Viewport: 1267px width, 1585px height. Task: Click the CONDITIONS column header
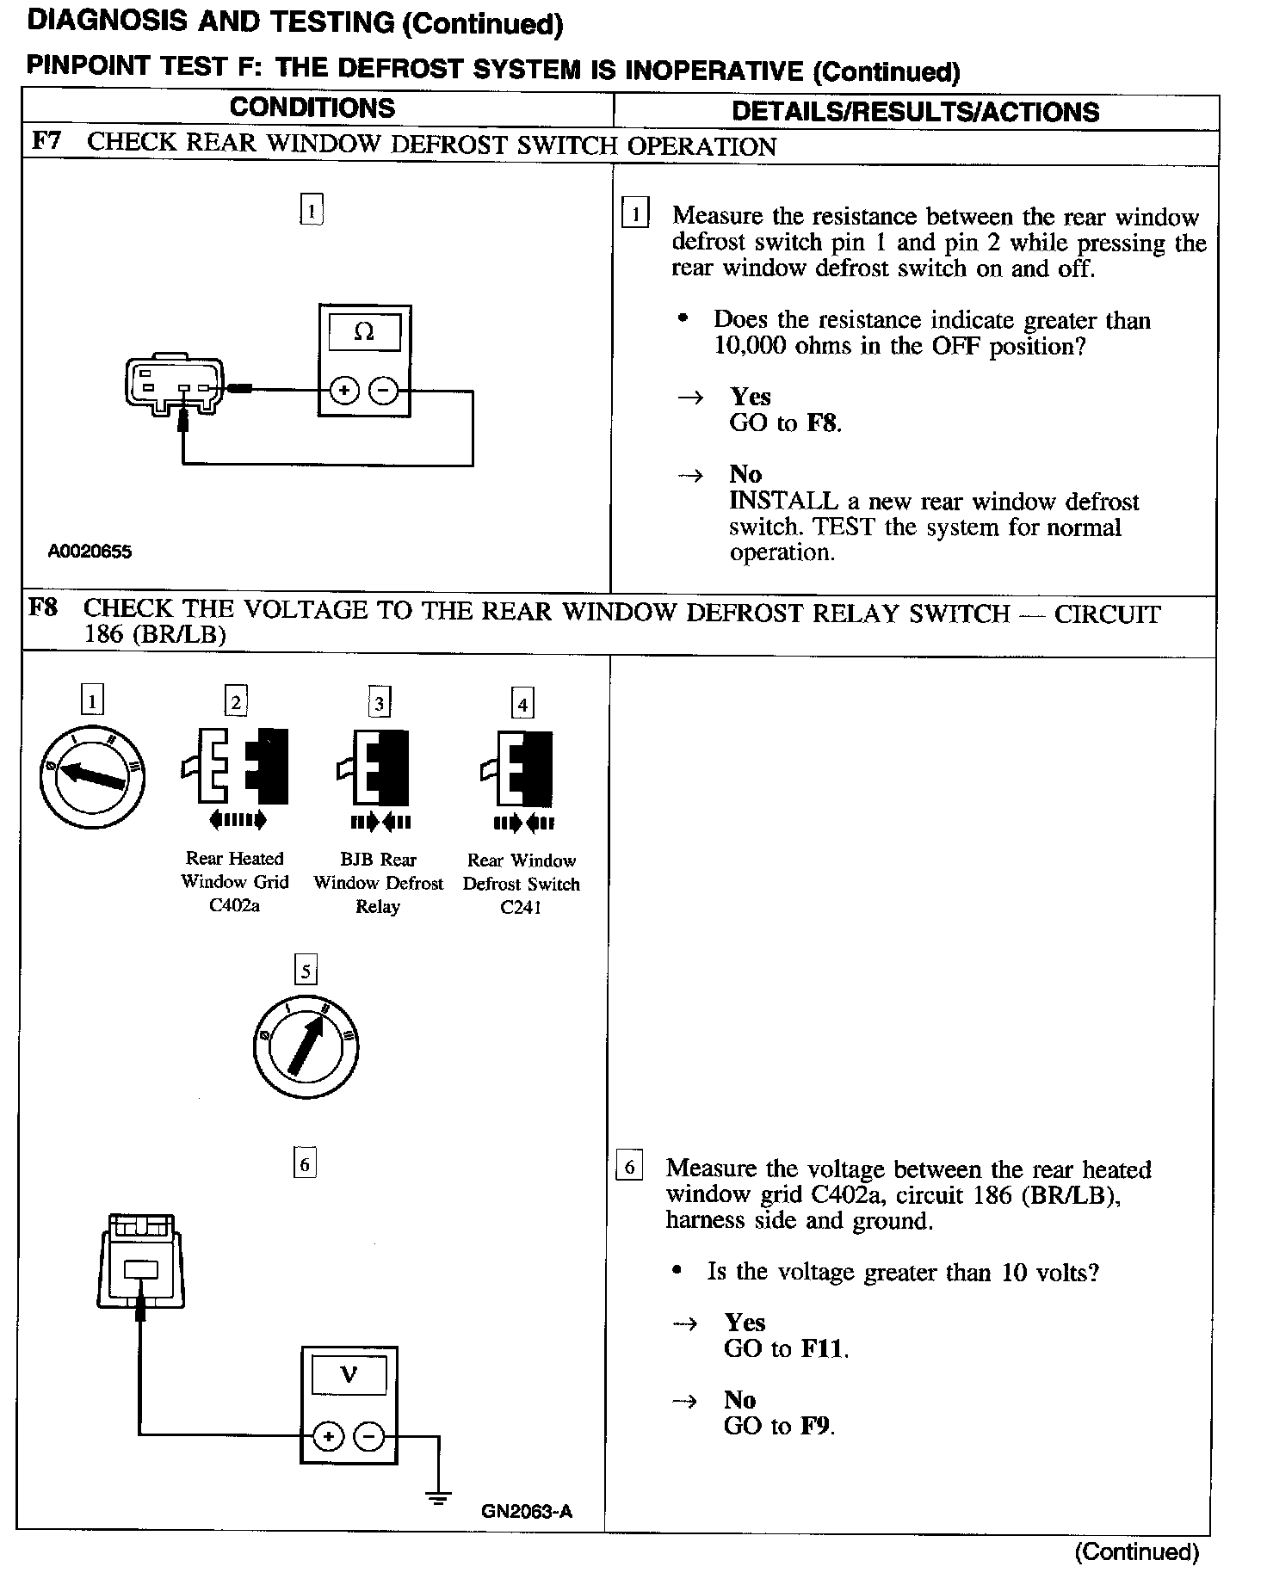pyautogui.click(x=312, y=108)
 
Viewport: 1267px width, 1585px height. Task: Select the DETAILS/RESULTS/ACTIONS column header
pyautogui.click(x=915, y=112)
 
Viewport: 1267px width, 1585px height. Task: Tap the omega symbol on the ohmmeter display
pyautogui.click(x=364, y=332)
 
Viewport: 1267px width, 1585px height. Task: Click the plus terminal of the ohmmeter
pyautogui.click(x=344, y=392)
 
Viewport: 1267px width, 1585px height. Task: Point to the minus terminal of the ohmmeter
pyautogui.click(x=383, y=392)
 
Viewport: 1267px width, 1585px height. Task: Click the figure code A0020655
pyautogui.click(x=90, y=552)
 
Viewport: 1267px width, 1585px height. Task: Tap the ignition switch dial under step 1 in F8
pyautogui.click(x=92, y=777)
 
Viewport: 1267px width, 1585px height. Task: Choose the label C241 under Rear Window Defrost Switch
pyautogui.click(x=521, y=908)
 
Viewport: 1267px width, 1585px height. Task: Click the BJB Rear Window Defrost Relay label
pyautogui.click(x=378, y=883)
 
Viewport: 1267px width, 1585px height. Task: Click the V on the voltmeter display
pyautogui.click(x=349, y=1374)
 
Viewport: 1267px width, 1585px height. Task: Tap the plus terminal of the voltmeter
pyautogui.click(x=328, y=1435)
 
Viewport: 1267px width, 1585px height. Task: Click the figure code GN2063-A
pyautogui.click(x=527, y=1511)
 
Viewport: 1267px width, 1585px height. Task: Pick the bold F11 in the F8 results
pyautogui.click(x=823, y=1348)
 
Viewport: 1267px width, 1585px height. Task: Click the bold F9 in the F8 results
pyautogui.click(x=816, y=1426)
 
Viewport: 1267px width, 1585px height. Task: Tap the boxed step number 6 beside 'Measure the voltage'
pyautogui.click(x=629, y=1168)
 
